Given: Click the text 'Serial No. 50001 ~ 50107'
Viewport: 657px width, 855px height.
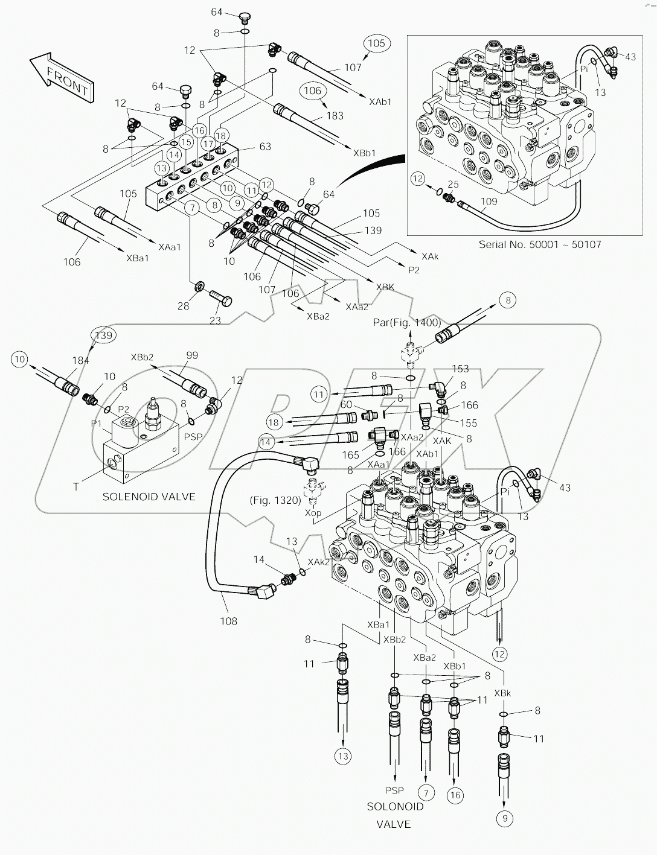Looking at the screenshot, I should coord(540,244).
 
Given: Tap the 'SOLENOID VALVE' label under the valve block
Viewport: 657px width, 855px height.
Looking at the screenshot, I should coord(149,497).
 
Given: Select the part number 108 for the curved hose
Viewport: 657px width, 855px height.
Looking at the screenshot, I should coord(228,621).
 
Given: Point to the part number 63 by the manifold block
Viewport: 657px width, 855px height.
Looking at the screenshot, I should coord(265,147).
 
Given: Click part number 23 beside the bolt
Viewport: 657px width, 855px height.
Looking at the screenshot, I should coord(214,321).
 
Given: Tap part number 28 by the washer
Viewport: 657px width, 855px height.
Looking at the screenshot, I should coord(183,306).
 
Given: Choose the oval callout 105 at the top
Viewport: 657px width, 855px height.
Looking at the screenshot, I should coord(377,43).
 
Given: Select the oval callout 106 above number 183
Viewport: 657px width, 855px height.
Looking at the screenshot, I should coord(313,90).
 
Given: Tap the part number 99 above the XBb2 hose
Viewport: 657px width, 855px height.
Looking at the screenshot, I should coord(191,355).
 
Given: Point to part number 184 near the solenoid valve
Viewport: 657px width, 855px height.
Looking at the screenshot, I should coord(81,361).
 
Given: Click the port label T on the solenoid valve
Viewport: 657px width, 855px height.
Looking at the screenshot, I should coord(76,486).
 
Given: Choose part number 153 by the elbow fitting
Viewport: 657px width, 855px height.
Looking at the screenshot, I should coord(460,369).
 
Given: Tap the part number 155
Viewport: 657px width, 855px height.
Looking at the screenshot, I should coord(469,424).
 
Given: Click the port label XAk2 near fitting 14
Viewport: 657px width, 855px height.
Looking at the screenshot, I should coord(319,562).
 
